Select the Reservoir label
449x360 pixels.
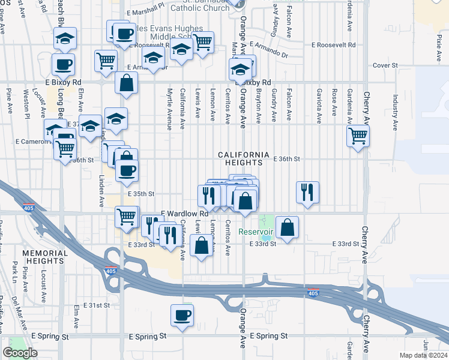(x=256, y=232)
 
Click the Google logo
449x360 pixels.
(x=20, y=352)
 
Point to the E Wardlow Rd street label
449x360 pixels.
(x=184, y=213)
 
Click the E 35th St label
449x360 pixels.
(x=141, y=194)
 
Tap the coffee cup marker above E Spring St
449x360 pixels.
(x=182, y=315)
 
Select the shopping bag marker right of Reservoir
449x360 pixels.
(x=288, y=227)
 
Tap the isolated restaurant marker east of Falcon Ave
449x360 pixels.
(x=307, y=192)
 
